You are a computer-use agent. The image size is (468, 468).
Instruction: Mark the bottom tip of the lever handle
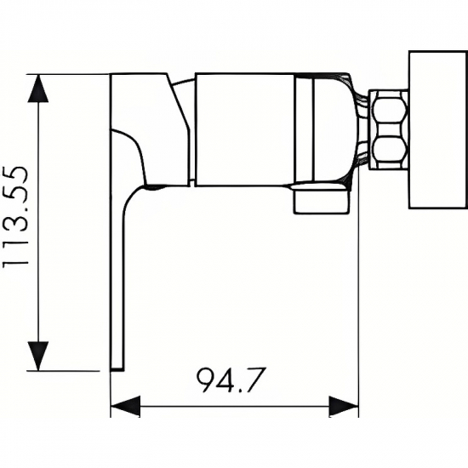(117, 367)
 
